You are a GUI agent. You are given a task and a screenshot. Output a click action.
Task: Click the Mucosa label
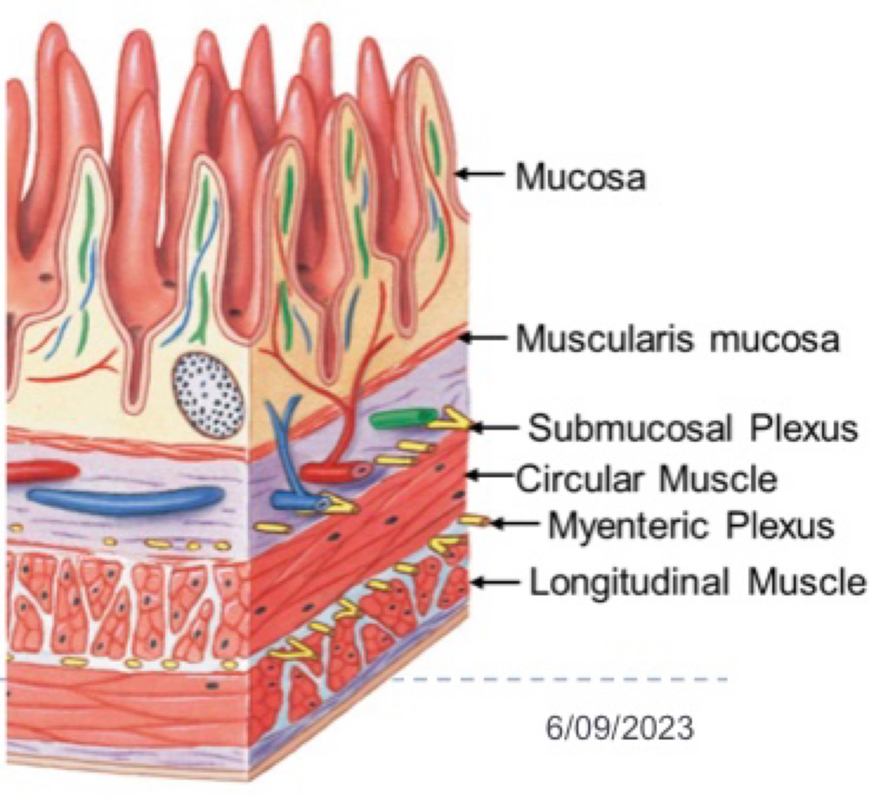tap(580, 177)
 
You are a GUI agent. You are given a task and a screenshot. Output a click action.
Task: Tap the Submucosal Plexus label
tap(692, 427)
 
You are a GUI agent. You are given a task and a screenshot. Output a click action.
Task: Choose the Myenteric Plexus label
tap(690, 526)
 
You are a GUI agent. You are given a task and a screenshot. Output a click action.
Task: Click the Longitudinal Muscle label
tap(698, 582)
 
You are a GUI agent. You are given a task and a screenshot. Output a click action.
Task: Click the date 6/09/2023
tap(620, 727)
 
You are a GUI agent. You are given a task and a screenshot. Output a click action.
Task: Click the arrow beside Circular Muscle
tap(490, 475)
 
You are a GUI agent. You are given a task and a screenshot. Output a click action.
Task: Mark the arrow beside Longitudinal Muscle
tap(495, 582)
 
